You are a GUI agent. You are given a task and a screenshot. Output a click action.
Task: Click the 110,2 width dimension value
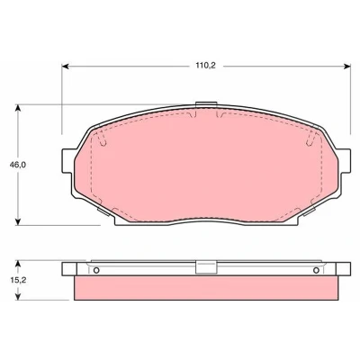[206, 66]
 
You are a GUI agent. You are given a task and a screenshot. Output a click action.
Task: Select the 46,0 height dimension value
[18, 165]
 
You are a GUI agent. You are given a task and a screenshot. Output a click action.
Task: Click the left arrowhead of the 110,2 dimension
[66, 67]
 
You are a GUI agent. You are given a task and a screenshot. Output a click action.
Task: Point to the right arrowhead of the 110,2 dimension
[347, 67]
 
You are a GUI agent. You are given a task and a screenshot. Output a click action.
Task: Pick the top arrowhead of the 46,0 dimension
[18, 108]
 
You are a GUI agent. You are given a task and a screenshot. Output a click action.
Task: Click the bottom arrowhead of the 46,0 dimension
[18, 221]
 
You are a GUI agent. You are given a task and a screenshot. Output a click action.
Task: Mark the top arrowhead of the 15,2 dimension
[18, 264]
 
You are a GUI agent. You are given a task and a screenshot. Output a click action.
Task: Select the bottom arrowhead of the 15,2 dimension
[18, 296]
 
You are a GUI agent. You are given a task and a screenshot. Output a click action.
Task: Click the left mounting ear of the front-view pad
[68, 160]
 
